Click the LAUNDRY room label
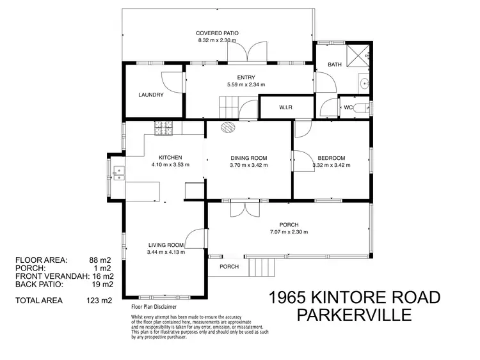pos(151,95)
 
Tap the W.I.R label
pos(285,107)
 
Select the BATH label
pos(335,65)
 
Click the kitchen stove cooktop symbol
pos(163,128)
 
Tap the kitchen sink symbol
pos(118,173)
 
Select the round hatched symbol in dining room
pos(228,127)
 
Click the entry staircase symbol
pos(229,104)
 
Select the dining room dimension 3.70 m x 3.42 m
pos(249,165)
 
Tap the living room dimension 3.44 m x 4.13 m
pos(166,252)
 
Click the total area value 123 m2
pos(99,300)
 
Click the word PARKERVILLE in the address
pos(355,316)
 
